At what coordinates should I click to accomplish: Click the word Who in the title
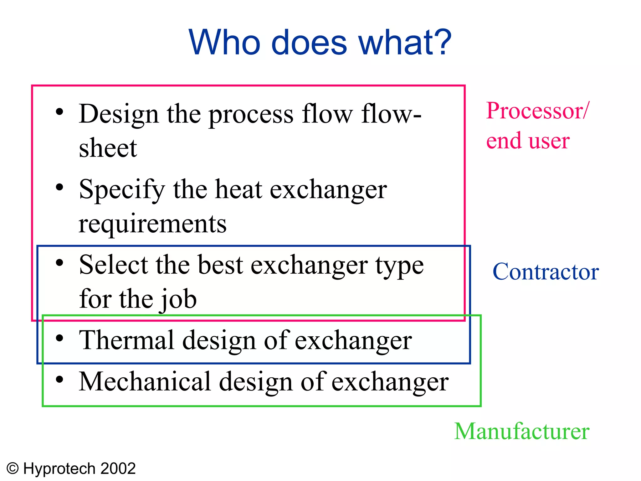[x=224, y=42]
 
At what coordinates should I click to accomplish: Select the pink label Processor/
[x=537, y=111]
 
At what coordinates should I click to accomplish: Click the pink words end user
[x=528, y=141]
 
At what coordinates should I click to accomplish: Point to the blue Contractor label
[x=546, y=272]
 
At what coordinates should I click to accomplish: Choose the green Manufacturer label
[x=522, y=431]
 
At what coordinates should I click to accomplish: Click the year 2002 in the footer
[x=118, y=469]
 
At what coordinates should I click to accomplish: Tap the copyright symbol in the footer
[x=13, y=469]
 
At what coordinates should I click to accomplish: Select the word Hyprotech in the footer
[x=59, y=469]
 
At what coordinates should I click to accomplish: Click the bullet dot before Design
[x=59, y=112]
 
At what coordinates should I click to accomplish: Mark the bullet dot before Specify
[x=59, y=187]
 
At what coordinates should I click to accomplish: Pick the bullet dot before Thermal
[x=59, y=338]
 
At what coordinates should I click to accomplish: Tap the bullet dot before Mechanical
[x=59, y=379]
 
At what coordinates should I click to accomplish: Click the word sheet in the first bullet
[x=108, y=147]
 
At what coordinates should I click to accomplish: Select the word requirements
[x=152, y=224]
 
